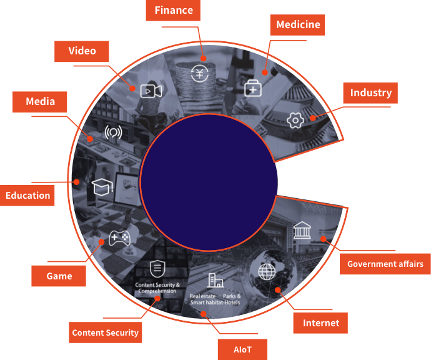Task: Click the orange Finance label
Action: [174, 11]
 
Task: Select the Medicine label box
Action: [298, 25]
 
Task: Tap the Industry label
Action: [370, 93]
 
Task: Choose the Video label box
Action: [82, 51]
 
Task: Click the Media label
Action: [40, 101]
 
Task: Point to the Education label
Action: [27, 196]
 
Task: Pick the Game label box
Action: [59, 276]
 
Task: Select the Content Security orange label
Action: [105, 332]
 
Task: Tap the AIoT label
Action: [242, 349]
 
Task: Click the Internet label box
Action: [320, 323]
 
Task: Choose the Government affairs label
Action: [385, 264]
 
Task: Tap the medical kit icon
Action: [252, 89]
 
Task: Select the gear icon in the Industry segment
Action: [295, 120]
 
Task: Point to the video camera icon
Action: [151, 91]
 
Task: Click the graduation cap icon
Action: [101, 187]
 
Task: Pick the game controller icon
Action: [119, 238]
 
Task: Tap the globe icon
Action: [267, 272]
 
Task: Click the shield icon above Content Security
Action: [157, 269]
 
